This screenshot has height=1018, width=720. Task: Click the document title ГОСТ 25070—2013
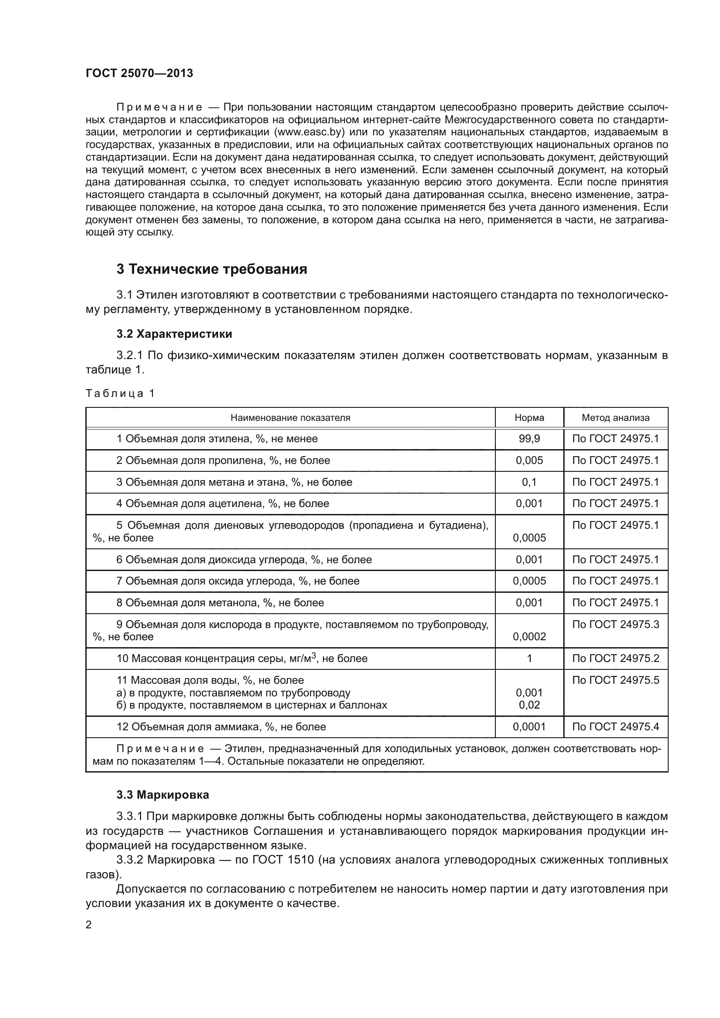coord(139,73)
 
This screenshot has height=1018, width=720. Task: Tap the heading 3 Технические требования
coord(212,269)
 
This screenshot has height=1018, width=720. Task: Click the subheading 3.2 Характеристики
coord(174,334)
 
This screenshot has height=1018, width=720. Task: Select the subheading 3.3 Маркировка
coord(163,795)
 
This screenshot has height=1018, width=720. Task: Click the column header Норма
coord(529,418)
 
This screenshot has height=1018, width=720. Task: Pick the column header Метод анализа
coord(616,418)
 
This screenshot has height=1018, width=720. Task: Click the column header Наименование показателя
coord(290,418)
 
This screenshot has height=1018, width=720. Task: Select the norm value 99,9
coord(529,439)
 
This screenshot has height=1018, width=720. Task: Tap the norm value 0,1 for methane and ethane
coord(529,482)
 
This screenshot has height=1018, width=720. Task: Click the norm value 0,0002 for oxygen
coord(529,637)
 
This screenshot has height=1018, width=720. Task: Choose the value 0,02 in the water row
coord(529,705)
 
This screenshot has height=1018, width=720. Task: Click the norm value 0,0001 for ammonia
coord(529,727)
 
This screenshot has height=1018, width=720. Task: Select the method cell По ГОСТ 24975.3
coord(616,624)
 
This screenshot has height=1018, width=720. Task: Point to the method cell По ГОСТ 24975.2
coord(616,659)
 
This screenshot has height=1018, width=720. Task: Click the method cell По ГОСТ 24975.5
coord(616,680)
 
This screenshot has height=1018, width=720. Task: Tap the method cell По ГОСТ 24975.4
coord(616,727)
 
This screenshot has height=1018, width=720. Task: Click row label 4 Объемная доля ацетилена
coord(222,504)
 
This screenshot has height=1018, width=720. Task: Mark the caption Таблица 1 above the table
coord(120,394)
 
